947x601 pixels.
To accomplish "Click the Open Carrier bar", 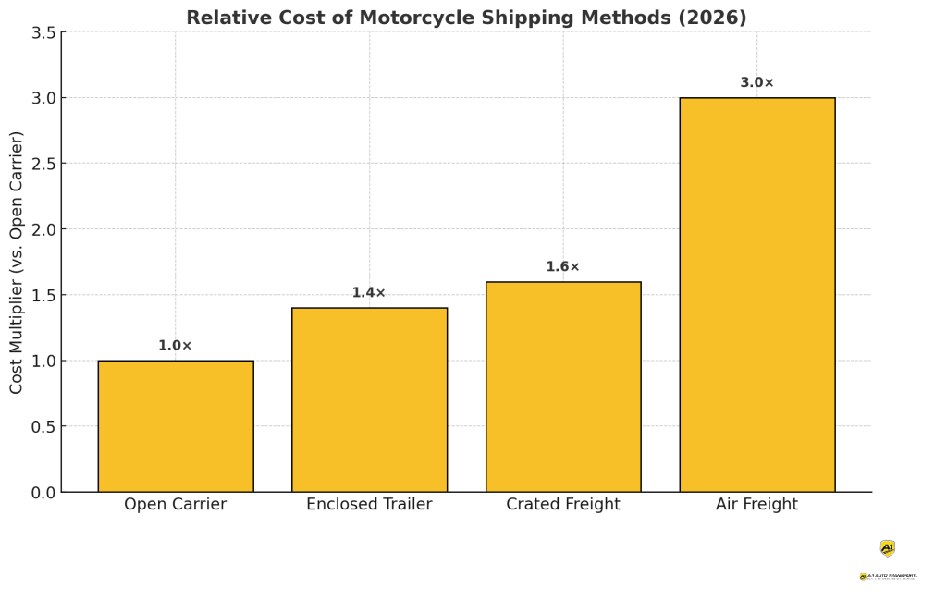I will click(x=176, y=426).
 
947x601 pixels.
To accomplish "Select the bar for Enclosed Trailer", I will click(x=369, y=400).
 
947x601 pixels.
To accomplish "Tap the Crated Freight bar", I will click(x=563, y=387).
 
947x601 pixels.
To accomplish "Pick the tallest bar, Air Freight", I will click(x=756, y=295).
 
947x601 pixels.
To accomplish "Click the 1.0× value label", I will click(x=175, y=346).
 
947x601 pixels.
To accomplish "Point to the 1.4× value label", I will click(x=368, y=293).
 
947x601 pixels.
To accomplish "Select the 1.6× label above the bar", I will click(x=562, y=267).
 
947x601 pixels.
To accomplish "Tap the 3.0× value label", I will click(x=756, y=83).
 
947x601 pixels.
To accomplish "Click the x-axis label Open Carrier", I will click(x=175, y=505).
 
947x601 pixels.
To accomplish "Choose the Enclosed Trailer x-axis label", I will click(x=369, y=505).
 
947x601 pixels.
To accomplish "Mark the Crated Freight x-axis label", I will click(x=563, y=505).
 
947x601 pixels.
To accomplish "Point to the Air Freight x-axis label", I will click(x=756, y=505).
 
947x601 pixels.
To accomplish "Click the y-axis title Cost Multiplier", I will click(x=18, y=262).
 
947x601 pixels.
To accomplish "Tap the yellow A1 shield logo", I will click(x=888, y=548).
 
